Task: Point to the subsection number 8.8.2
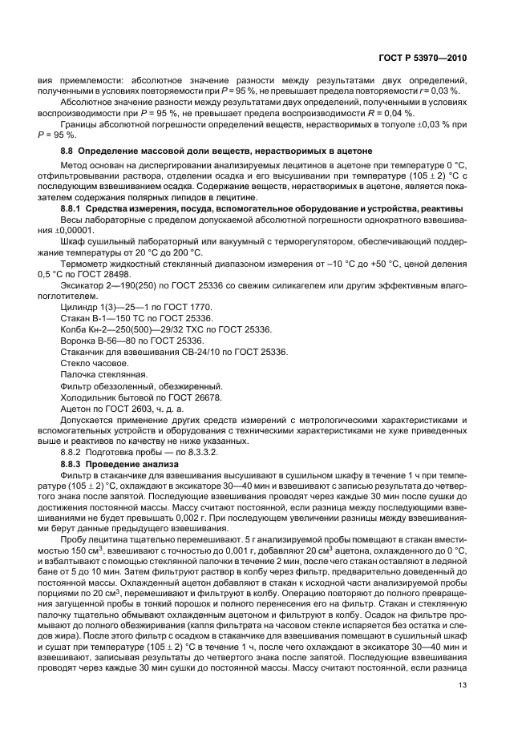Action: pos(73,453)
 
